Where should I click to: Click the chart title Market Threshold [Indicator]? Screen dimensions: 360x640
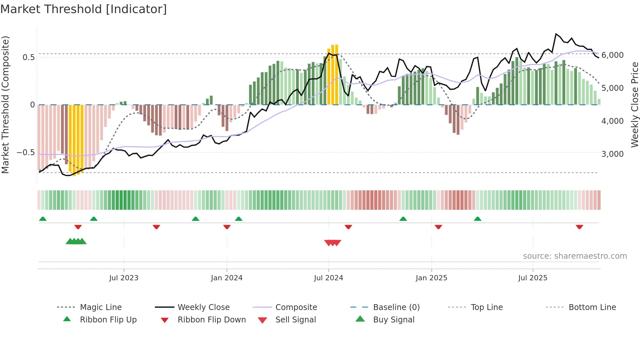[84, 9]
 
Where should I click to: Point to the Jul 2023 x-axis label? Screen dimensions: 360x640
[124, 278]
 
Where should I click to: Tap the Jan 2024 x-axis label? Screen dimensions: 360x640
[227, 278]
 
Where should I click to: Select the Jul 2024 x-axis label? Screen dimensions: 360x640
[328, 278]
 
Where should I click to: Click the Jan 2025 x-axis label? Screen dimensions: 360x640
[431, 278]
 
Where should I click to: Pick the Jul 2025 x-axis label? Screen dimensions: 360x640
[533, 278]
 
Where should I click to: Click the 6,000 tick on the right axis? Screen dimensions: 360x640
[612, 55]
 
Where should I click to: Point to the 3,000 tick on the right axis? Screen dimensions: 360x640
[612, 154]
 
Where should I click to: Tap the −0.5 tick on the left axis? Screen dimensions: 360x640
[25, 153]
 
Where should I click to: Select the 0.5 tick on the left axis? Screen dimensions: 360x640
[28, 57]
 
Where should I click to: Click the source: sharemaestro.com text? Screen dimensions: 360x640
[575, 256]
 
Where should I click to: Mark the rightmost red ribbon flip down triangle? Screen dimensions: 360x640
[579, 227]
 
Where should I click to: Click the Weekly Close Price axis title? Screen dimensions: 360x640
[634, 105]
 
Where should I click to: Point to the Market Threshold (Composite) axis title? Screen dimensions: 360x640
[5, 105]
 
